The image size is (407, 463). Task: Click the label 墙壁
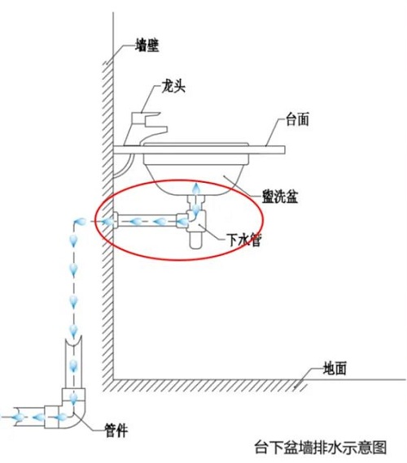(147, 45)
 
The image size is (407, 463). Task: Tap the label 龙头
(173, 86)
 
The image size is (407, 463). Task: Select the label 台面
(297, 119)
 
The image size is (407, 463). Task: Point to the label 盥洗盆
(280, 196)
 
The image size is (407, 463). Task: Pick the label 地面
(335, 368)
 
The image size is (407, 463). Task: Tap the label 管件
(117, 430)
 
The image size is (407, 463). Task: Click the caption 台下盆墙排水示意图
(321, 448)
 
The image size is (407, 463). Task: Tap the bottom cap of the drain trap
(195, 240)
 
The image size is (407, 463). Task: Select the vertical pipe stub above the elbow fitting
(73, 362)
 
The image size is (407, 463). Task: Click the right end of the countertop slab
(285, 150)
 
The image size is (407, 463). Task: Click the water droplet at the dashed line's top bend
(80, 221)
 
